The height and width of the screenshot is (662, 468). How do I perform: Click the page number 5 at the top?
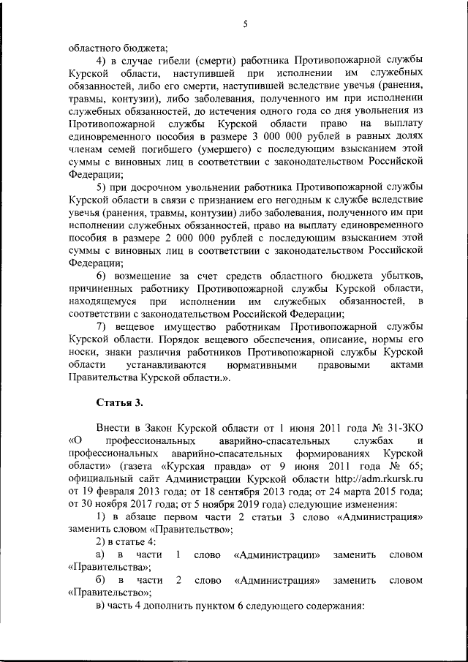246,24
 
